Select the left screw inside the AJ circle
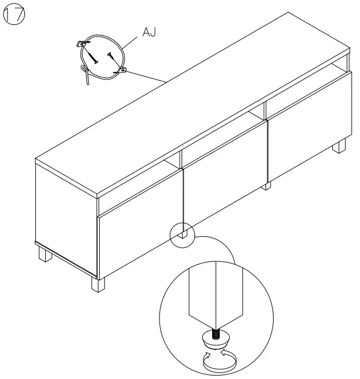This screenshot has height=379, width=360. point(92,56)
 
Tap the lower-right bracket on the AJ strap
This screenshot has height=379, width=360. point(122,70)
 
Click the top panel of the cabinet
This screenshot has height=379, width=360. point(191,104)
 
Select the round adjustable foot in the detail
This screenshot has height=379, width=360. point(215,342)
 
